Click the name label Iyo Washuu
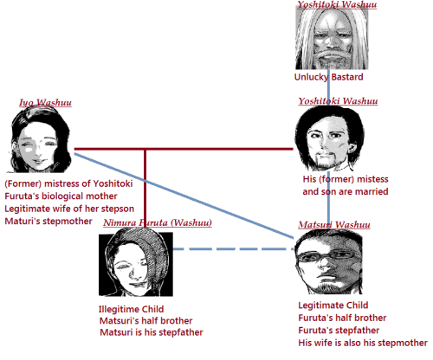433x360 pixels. pos(45,102)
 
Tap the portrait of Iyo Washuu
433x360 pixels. pos(41,139)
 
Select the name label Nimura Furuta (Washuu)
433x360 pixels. pos(158,222)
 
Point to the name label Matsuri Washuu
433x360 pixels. pos(334,224)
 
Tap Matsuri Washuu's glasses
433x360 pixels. pos(327,256)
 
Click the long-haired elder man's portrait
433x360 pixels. pos(332,37)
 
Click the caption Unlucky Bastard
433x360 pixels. pos(328,77)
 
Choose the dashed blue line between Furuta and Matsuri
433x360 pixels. pos(233,248)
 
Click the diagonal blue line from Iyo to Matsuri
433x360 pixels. pos(184,196)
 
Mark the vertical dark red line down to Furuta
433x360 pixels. pos(145,189)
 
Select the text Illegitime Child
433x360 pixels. pos(131,309)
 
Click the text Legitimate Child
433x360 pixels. pos(333,305)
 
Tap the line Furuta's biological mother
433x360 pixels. pos(61,196)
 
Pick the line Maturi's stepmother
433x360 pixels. pos(48,222)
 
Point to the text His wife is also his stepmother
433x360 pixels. pos(363,343)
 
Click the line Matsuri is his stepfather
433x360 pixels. pos(152,332)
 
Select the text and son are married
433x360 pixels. pos(346,191)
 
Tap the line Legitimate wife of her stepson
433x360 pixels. pos(69,209)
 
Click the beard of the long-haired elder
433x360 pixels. pos(332,60)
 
